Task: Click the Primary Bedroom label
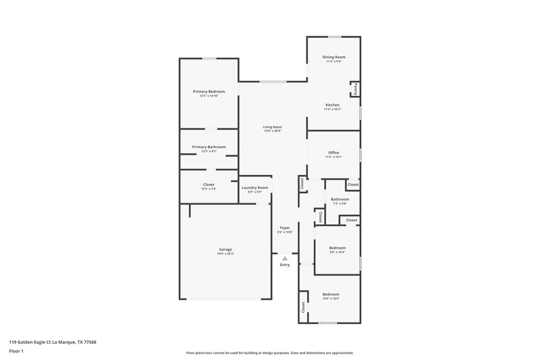[209, 91]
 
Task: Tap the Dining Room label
[335, 57]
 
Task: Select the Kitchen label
[333, 105]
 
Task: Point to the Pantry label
[356, 88]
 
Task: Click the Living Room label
[273, 127]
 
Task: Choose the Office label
[333, 153]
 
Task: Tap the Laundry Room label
[254, 187]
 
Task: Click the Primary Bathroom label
[209, 147]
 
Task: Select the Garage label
[225, 249]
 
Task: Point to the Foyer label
[285, 228]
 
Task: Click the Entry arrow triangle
[285, 257]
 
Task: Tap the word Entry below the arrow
[285, 264]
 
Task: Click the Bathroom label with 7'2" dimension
[340, 199]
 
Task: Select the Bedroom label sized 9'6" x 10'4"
[337, 248]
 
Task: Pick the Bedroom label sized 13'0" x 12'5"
[331, 294]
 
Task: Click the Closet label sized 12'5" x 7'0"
[209, 184]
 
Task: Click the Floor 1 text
[16, 351]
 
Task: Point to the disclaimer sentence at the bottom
[270, 353]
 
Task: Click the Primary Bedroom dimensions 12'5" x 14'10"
[209, 96]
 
